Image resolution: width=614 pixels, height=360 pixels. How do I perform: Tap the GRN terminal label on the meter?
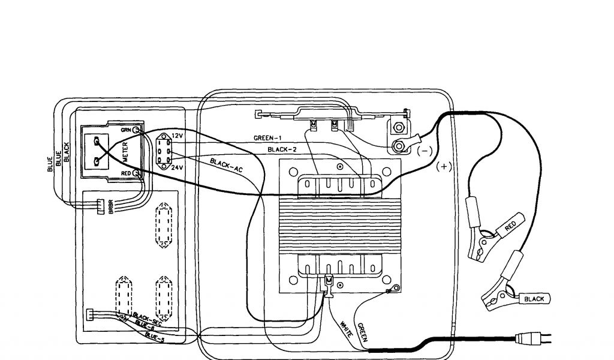point(126,129)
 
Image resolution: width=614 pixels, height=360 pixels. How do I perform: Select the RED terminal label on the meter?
point(126,173)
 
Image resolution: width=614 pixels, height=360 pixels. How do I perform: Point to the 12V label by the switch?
point(177,136)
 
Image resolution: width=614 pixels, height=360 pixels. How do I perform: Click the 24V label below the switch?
point(177,168)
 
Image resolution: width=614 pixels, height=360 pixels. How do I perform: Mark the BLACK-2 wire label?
point(282,149)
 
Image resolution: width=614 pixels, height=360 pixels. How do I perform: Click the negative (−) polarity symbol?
point(424,151)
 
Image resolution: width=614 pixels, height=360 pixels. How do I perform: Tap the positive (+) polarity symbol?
point(444,167)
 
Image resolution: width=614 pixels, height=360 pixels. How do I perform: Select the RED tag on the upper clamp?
point(510,226)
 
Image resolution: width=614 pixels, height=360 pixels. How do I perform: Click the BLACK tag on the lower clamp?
point(534,298)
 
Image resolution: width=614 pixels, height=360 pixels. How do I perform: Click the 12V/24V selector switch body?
point(162,151)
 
